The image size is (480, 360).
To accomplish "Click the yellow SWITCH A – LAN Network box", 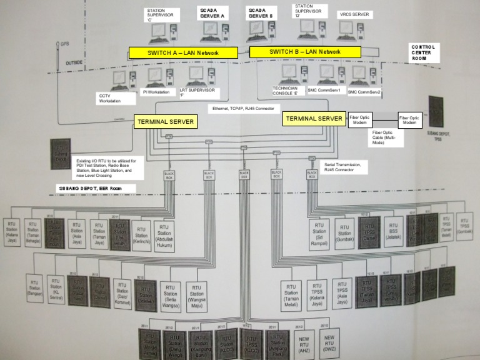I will click(183, 52).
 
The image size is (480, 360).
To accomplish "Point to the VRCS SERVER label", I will click(354, 14).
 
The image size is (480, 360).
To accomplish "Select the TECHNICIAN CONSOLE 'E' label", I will click(289, 91).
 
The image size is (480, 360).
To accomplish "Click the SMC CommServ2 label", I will click(364, 92).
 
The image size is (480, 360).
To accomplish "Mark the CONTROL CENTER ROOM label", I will click(425, 53).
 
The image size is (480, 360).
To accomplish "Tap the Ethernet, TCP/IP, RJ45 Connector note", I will click(243, 109).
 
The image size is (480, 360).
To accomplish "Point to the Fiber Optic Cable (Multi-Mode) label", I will click(386, 137).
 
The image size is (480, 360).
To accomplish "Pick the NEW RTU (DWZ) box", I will click(329, 343).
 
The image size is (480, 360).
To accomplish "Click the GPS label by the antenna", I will click(64, 44).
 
